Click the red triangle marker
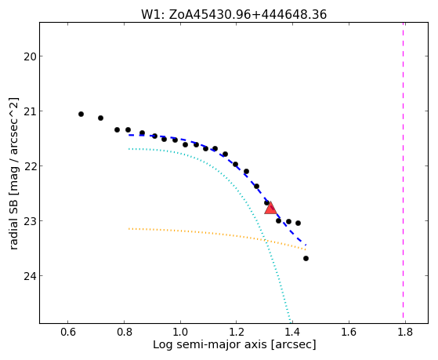coord(270,208)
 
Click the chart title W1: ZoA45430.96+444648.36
coord(233,15)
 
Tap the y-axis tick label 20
coord(30,56)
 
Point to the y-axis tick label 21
coord(30,111)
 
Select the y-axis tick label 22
coord(30,166)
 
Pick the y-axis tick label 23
coord(30,221)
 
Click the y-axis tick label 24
coord(30,276)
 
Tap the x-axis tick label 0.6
coord(68,332)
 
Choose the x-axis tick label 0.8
coord(124,332)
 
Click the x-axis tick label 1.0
coord(180,332)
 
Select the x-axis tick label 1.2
coord(237,332)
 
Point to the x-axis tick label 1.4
coord(292,332)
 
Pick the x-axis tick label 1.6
coord(349,332)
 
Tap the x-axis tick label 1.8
coord(405,332)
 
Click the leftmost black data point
coord(81,115)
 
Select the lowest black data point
coord(306,259)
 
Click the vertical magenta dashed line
coord(403,173)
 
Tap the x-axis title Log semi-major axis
coord(210,344)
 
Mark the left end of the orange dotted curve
coord(129,229)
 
